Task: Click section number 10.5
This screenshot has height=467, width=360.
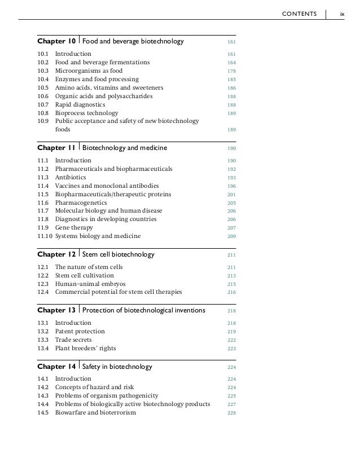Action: click(x=42, y=87)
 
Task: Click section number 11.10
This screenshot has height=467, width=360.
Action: click(x=44, y=236)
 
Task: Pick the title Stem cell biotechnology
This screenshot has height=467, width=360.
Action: click(x=118, y=254)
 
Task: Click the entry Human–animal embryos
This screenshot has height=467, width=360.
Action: click(x=90, y=284)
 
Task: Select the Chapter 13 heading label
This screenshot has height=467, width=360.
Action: click(x=56, y=310)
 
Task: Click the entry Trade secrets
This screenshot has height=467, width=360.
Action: click(x=73, y=340)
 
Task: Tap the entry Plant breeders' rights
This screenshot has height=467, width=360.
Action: click(x=87, y=348)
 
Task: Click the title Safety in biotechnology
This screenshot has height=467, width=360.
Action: click(x=117, y=367)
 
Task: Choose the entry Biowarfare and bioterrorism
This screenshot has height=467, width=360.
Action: click(x=95, y=412)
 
